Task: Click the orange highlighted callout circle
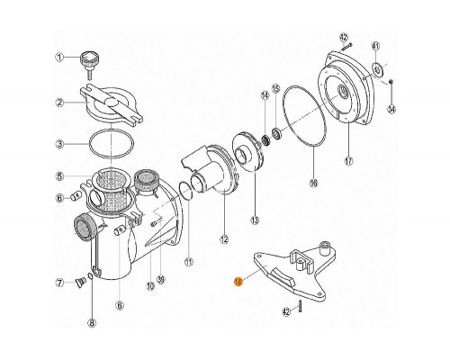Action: (x=238, y=282)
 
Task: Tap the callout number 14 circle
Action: (x=265, y=94)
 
